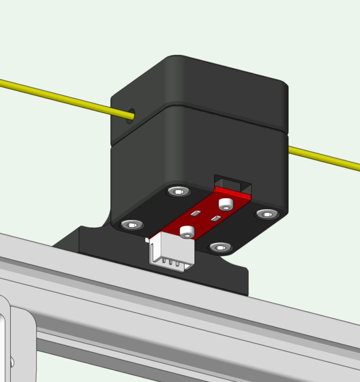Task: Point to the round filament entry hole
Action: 131,114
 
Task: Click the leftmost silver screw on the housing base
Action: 131,225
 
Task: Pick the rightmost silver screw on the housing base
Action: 267,214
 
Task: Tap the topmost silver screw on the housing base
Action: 179,192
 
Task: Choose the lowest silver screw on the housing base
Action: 220,247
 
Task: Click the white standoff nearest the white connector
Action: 187,232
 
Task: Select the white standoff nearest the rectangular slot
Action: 226,204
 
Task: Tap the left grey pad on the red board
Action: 195,213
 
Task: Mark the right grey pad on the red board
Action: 215,218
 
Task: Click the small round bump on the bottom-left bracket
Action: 12,362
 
